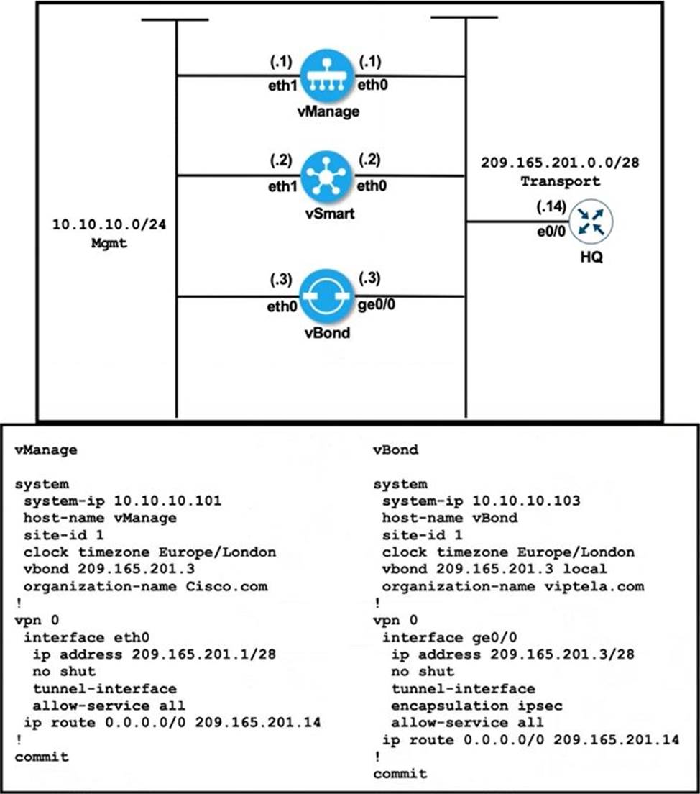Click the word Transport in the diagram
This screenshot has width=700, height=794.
tap(550, 181)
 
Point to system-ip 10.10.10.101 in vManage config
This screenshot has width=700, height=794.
tap(122, 501)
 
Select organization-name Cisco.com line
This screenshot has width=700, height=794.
tap(145, 586)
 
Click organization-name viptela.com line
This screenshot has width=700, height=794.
tap(513, 586)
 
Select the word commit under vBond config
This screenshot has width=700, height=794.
tap(400, 773)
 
